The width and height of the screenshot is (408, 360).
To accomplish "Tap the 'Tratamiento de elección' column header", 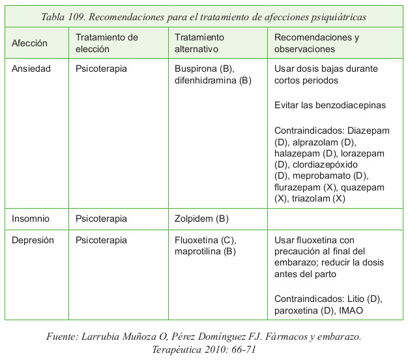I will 107,43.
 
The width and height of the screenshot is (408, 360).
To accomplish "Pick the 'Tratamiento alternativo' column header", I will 199,43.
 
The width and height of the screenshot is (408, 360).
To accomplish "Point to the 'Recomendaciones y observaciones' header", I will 317,43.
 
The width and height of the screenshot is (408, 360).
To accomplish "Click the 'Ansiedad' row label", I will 31,68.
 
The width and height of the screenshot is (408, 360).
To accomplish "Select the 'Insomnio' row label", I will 31,218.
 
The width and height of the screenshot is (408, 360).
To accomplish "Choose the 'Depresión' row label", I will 33,240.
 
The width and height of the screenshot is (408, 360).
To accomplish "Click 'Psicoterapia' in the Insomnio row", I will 101,218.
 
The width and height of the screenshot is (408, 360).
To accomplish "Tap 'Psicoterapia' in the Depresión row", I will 101,240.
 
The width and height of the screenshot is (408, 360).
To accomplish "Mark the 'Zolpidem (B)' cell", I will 201,218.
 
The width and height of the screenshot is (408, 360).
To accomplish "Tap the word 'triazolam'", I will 308,198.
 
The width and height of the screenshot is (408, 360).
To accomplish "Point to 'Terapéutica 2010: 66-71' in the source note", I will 203,349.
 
